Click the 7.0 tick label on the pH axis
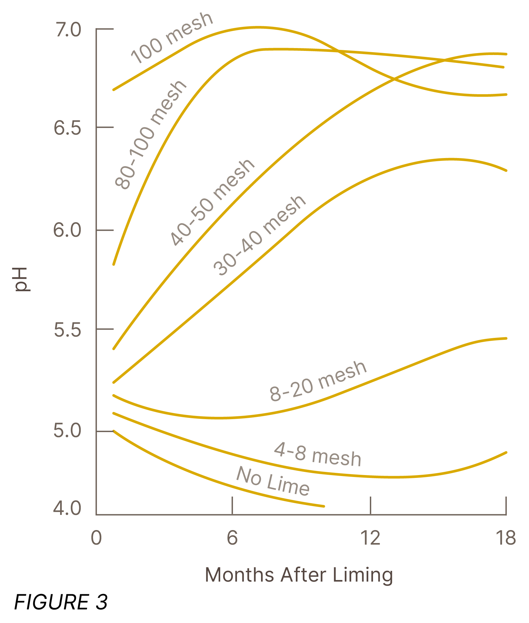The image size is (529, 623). (x=68, y=30)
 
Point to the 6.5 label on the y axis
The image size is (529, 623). (x=67, y=128)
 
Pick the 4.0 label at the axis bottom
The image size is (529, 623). (x=67, y=508)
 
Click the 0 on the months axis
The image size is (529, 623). (x=96, y=538)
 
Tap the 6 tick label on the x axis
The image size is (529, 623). (x=232, y=538)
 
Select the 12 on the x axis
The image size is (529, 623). (x=370, y=538)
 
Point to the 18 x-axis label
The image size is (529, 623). (x=506, y=538)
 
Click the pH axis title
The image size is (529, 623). (x=22, y=279)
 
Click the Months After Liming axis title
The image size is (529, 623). (x=299, y=575)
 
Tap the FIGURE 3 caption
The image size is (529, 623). (x=61, y=602)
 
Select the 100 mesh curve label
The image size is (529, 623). (x=172, y=38)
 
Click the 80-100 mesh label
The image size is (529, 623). (x=151, y=135)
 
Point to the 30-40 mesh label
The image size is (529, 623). (x=259, y=235)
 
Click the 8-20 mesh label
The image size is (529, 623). (x=318, y=381)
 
